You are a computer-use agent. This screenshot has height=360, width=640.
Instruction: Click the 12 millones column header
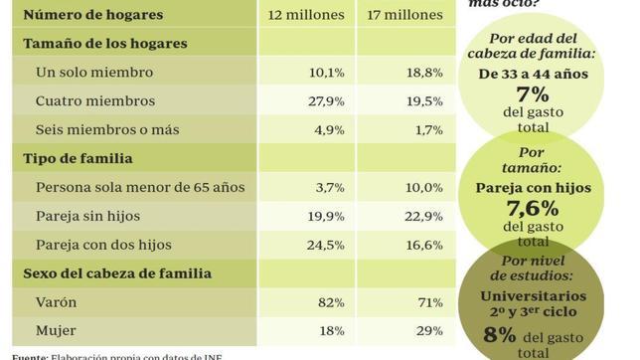click(307, 15)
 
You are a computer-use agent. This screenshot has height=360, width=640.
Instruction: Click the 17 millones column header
click(404, 15)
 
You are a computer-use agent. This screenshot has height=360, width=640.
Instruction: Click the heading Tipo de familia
click(78, 158)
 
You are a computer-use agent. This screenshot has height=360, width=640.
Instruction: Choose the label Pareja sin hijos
click(87, 216)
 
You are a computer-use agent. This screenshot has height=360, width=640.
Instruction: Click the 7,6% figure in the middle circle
click(533, 209)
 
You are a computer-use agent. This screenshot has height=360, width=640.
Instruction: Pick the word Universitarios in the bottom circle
click(533, 296)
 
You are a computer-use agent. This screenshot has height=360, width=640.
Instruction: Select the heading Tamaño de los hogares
click(105, 44)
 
